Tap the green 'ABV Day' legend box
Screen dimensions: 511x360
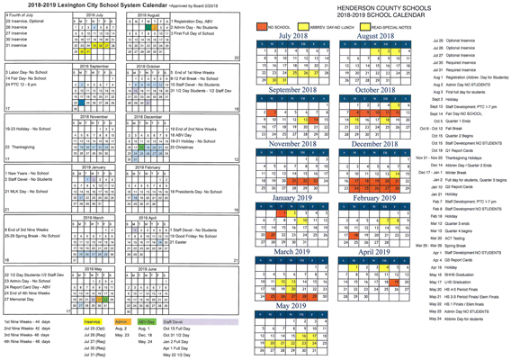click(146, 319)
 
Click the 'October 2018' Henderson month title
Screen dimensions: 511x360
click(373, 90)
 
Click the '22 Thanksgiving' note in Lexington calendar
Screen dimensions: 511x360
click(24, 146)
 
